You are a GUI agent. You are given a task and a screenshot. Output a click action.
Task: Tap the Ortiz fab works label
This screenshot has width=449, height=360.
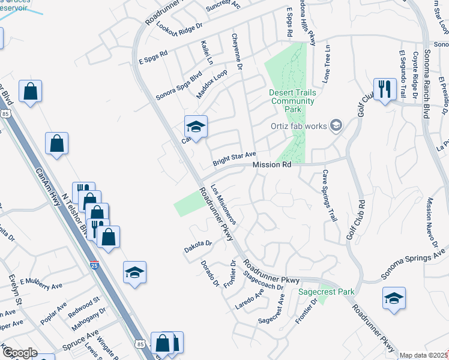click(298, 126)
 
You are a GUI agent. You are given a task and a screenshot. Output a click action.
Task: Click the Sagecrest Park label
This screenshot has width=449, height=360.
click(327, 292)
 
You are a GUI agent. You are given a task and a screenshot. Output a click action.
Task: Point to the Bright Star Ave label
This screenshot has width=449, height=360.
click(234, 159)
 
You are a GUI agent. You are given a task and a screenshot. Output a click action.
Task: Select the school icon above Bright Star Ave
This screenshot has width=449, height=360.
click(196, 127)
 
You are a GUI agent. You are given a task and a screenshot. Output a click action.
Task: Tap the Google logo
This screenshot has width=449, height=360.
click(20, 353)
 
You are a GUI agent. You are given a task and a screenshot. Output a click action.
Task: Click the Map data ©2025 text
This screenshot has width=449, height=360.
click(424, 355)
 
